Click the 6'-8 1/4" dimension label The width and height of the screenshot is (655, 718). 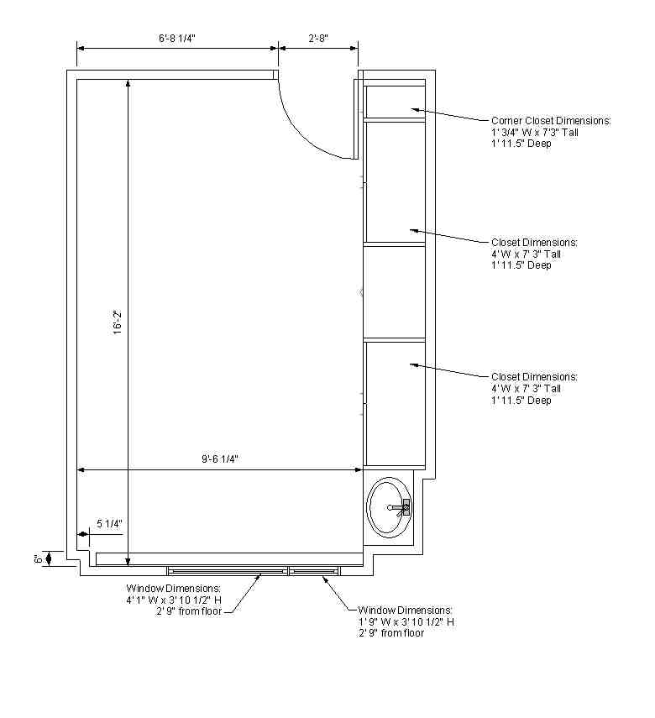click(x=177, y=38)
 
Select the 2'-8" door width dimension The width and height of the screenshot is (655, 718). click(x=318, y=38)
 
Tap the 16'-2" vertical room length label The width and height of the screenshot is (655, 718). click(x=118, y=322)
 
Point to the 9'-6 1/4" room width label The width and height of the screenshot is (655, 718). click(x=220, y=459)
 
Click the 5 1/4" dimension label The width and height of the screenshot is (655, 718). click(x=109, y=523)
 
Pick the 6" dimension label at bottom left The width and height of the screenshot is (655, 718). click(x=39, y=558)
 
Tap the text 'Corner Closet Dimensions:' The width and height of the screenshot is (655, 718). click(x=551, y=121)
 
